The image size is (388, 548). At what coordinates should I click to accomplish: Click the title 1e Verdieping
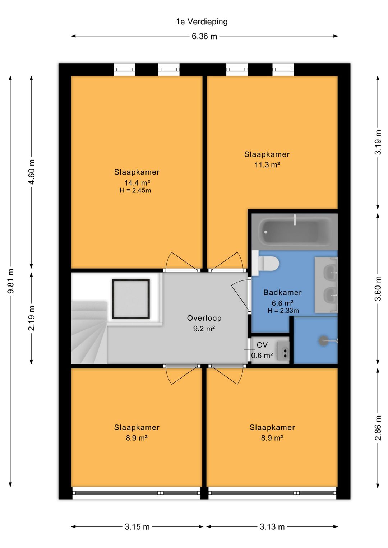pyautogui.click(x=202, y=22)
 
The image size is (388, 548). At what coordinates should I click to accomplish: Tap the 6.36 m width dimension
pyautogui.click(x=204, y=37)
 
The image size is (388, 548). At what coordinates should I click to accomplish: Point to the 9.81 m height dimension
pyautogui.click(x=10, y=280)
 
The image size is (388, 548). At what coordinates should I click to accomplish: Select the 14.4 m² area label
pyautogui.click(x=137, y=183)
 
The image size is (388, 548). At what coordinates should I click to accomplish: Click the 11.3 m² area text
pyautogui.click(x=267, y=164)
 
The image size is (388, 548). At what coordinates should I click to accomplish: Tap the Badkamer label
pyautogui.click(x=282, y=292)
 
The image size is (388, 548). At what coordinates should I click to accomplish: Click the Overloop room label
pyautogui.click(x=204, y=318)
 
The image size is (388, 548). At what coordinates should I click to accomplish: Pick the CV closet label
pyautogui.click(x=262, y=345)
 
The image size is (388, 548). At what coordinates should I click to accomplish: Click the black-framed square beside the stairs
pyautogui.click(x=131, y=299)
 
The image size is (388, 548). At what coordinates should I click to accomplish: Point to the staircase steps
pyautogui.click(x=89, y=333)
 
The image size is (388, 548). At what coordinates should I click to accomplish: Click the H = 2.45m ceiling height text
pyautogui.click(x=135, y=191)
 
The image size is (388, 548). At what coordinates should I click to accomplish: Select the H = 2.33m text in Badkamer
pyautogui.click(x=283, y=311)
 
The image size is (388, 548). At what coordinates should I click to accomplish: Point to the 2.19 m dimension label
pyautogui.click(x=32, y=318)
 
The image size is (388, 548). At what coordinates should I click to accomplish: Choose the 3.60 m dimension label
pyautogui.click(x=378, y=288)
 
